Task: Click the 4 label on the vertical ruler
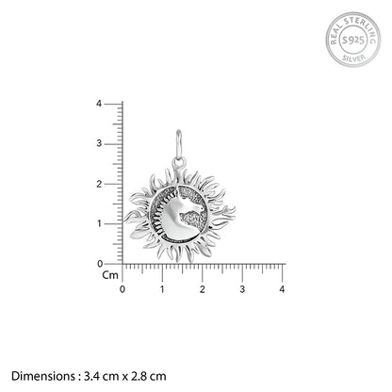(x=99, y=104)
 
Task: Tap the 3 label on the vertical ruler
(x=99, y=143)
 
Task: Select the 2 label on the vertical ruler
(x=99, y=184)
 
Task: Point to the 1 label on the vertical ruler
(x=100, y=223)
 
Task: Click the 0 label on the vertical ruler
(x=100, y=264)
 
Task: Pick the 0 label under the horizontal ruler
(x=122, y=289)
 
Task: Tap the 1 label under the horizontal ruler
(x=162, y=289)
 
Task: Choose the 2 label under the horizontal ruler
(x=203, y=289)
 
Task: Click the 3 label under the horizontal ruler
(x=242, y=289)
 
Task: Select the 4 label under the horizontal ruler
(x=282, y=289)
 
